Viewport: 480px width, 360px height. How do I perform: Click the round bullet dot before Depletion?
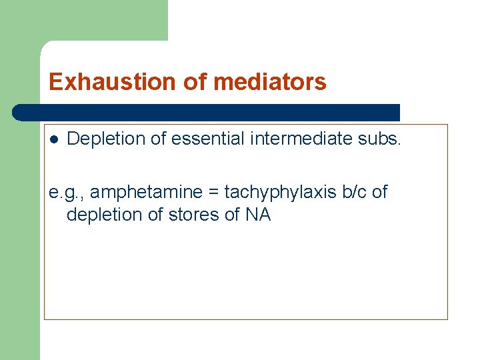[x=54, y=139]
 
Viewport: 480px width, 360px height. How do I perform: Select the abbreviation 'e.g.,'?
[x=66, y=193]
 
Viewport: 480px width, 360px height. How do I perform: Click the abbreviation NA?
[x=259, y=215]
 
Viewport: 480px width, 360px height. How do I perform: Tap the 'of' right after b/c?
[x=379, y=193]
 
